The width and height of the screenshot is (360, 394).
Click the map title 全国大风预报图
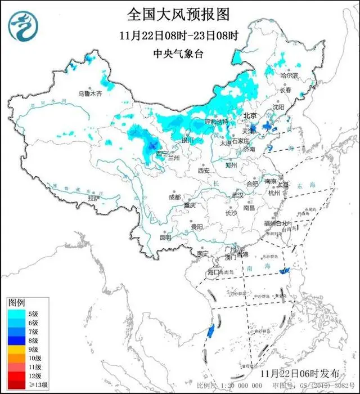pos(179,14)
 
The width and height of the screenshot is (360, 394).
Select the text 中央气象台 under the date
pos(179,54)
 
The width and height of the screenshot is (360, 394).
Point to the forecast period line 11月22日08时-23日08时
pos(179,35)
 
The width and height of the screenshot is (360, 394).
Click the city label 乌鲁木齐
pos(90,94)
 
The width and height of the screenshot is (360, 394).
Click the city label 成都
pos(174,197)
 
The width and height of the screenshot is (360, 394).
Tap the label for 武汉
pos(237,195)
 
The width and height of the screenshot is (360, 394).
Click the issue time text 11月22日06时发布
pos(300,373)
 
